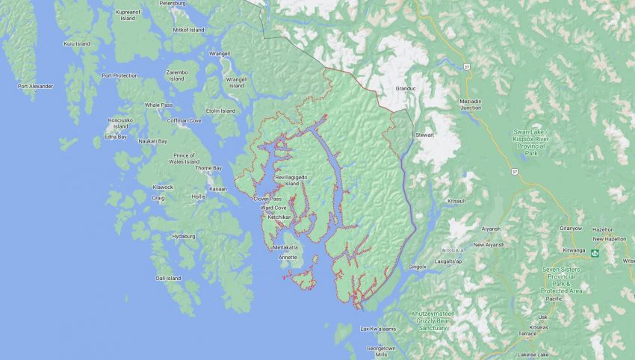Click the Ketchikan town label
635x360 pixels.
click(279, 217)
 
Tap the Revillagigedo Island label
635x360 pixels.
click(291, 179)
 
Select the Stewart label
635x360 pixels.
click(424, 134)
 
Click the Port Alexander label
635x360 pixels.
click(36, 86)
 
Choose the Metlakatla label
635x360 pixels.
click(285, 247)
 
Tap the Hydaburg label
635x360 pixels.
click(184, 236)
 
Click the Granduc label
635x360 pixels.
click(405, 88)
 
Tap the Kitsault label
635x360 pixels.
click(456, 201)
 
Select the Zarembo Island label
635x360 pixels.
click(176, 75)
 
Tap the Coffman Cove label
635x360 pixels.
click(184, 120)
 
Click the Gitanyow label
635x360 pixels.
click(571, 229)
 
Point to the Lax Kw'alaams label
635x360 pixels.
click(376, 329)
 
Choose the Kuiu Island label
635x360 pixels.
click(77, 44)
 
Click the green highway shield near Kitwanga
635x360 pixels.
click(595, 252)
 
